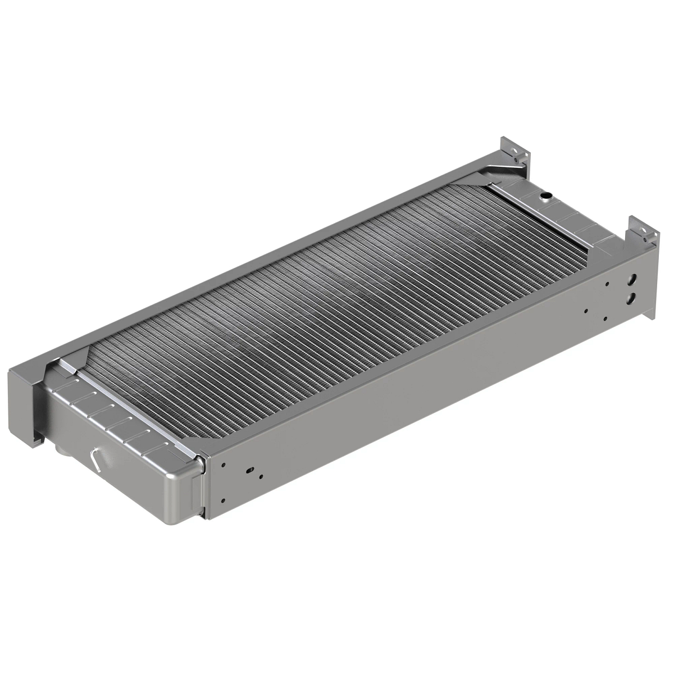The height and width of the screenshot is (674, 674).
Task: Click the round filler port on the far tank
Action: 545,196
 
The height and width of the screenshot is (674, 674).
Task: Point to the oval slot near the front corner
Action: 248,468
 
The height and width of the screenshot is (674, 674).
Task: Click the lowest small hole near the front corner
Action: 224,500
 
